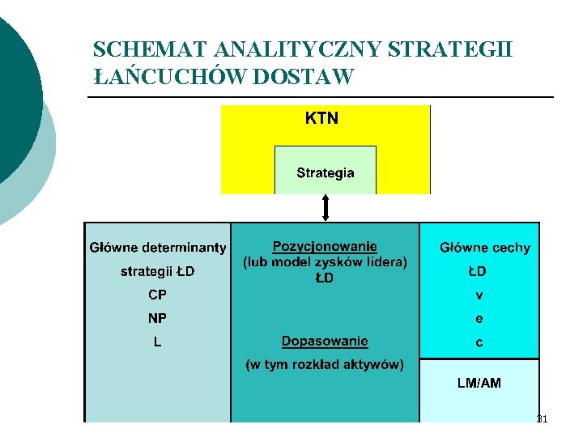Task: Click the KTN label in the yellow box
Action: click(x=321, y=119)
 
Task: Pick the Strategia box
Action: click(x=326, y=172)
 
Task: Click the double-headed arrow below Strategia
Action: click(x=326, y=207)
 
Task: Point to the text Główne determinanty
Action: click(x=158, y=247)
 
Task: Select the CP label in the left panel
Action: click(x=157, y=295)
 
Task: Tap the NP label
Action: click(x=157, y=318)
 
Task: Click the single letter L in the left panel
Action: click(x=157, y=342)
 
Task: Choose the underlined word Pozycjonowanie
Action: click(x=325, y=246)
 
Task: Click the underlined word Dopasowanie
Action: click(x=325, y=341)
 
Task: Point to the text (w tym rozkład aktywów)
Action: click(x=325, y=364)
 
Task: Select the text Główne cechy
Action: click(x=485, y=248)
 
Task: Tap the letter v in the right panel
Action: click(x=479, y=295)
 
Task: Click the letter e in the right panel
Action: click(x=479, y=319)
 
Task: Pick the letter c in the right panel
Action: click(x=479, y=343)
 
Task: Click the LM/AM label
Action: click(x=479, y=383)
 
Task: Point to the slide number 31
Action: click(x=542, y=419)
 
